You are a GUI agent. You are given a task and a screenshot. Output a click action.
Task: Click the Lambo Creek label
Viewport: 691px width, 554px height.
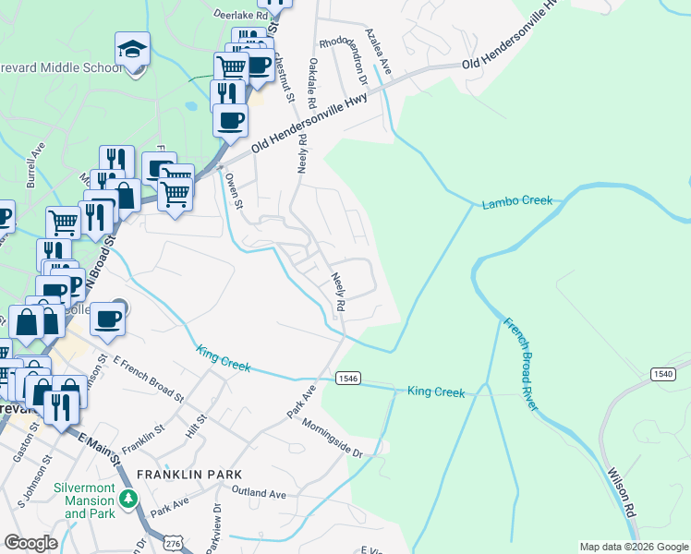tap(516, 201)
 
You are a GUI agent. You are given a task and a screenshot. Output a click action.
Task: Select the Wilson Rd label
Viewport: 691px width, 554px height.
tap(622, 492)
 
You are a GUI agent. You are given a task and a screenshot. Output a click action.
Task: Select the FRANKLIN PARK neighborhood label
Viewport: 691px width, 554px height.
tap(182, 474)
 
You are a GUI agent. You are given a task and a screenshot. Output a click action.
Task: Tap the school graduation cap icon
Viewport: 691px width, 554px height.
tap(132, 48)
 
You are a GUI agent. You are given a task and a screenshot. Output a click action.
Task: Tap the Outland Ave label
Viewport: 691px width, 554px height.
tap(255, 494)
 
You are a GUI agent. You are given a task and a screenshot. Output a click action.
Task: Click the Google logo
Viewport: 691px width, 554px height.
tap(30, 543)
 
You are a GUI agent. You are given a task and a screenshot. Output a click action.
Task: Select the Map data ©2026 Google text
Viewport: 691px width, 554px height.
tap(634, 547)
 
